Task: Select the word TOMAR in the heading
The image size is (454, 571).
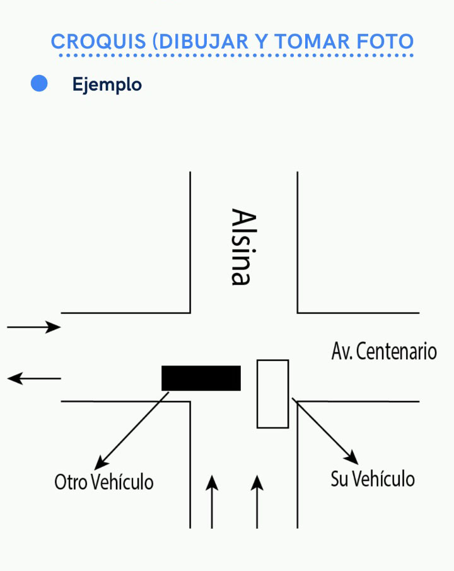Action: coord(308,42)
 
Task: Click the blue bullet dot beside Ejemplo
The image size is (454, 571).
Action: coord(39,84)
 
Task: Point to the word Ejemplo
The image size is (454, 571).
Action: coord(107,84)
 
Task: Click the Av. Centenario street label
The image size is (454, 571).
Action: coord(384,351)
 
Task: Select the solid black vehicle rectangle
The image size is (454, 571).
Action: coord(201,378)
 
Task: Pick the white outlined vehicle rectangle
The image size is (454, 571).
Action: coord(272,393)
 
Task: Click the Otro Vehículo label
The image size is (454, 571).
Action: coord(104,482)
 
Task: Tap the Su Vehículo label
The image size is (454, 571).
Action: coord(373,479)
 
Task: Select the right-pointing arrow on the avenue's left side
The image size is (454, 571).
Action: coord(34,327)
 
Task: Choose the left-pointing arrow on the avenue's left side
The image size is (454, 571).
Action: coord(34,378)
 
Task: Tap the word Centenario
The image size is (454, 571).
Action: coord(397,351)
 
